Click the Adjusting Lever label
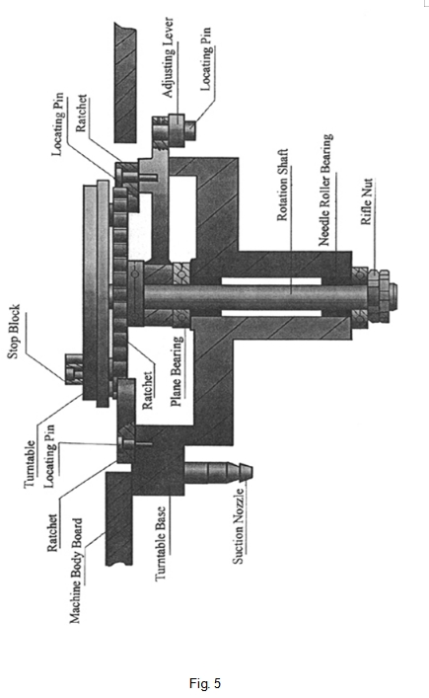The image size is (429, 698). [168, 58]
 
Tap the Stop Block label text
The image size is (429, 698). [14, 332]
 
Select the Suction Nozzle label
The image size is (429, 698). [239, 526]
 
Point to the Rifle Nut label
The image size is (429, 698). [366, 202]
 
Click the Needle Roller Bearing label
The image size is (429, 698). [325, 191]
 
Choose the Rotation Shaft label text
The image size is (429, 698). [283, 186]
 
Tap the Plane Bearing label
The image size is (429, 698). [177, 371]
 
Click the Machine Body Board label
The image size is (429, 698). [76, 571]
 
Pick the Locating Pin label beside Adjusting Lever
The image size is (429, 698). [206, 59]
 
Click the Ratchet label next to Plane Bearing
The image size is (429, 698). [147, 390]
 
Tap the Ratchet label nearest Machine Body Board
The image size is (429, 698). [52, 533]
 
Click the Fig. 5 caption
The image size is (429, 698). [205, 683]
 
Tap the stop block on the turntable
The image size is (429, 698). [74, 369]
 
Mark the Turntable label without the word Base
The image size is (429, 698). [30, 464]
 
